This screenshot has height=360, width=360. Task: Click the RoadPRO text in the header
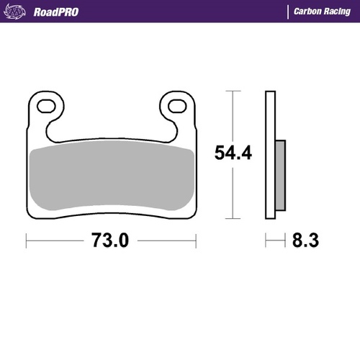55,12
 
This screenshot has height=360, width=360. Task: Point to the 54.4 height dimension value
233,153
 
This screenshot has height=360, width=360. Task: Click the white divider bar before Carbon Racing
288,12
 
